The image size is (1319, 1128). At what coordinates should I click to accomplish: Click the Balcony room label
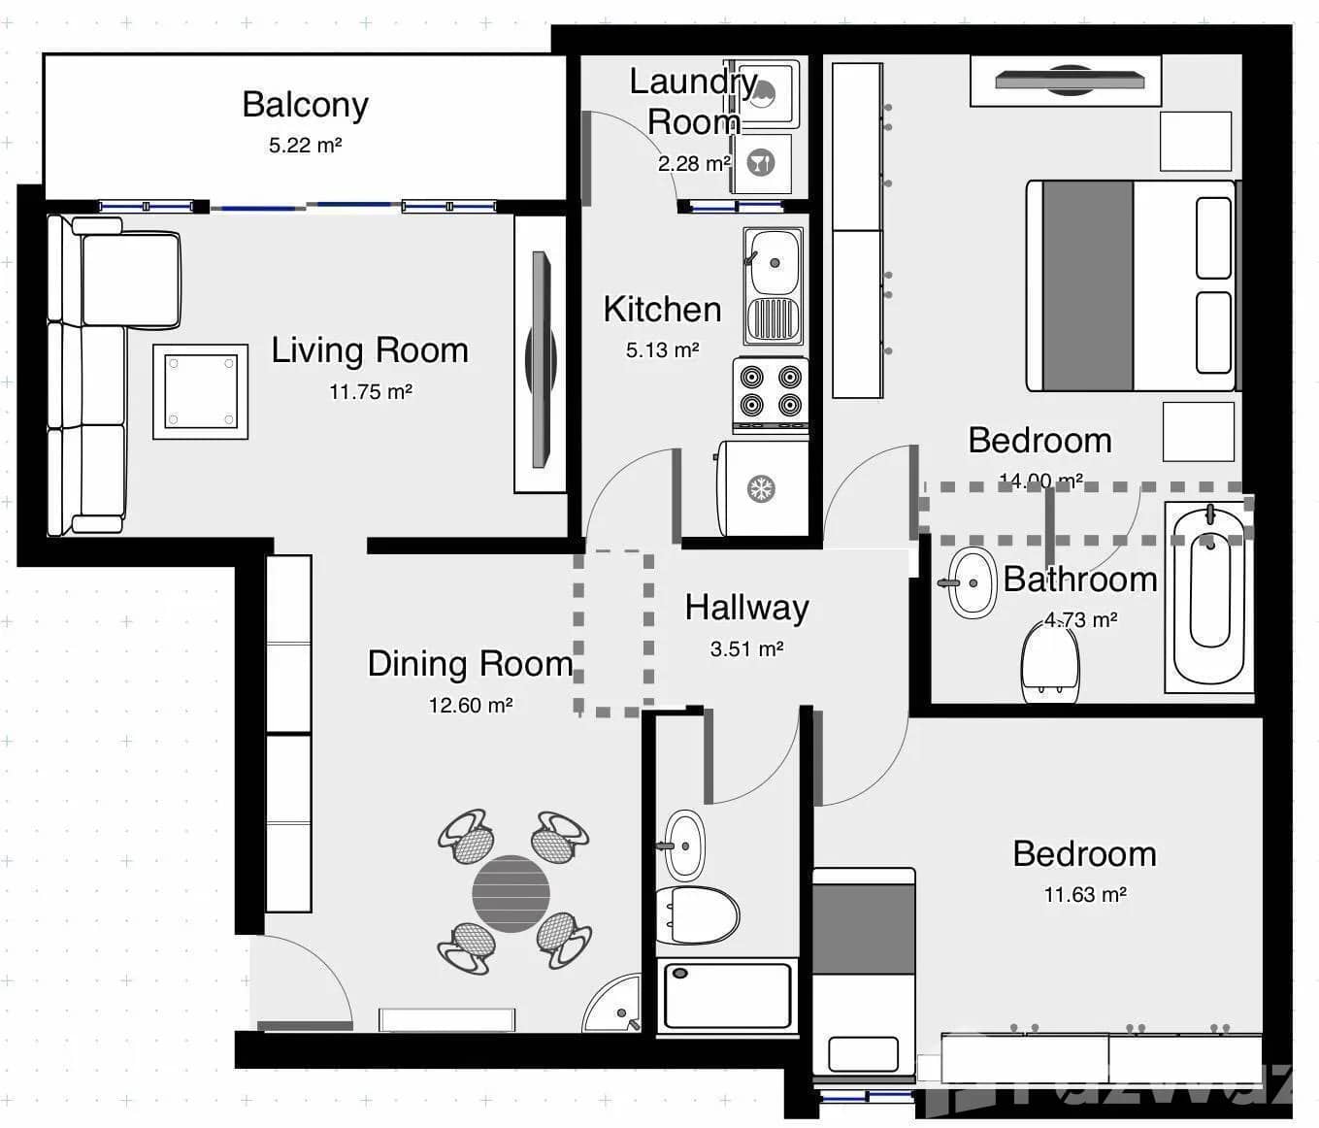[x=305, y=105]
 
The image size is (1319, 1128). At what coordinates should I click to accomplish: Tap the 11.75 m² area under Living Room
[x=370, y=392]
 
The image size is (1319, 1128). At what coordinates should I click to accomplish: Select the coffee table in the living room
[x=201, y=391]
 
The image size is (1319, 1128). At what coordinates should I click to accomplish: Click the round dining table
[x=511, y=893]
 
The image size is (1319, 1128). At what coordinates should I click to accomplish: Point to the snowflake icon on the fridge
[x=762, y=488]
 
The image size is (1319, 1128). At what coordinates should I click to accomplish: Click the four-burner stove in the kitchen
[x=771, y=392]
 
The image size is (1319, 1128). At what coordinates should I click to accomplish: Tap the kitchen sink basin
[x=774, y=262]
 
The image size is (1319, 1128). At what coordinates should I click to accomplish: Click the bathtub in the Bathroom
[x=1208, y=597]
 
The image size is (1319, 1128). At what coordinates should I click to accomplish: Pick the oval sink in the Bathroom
[x=973, y=582]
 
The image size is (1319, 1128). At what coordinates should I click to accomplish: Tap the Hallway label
[x=746, y=608]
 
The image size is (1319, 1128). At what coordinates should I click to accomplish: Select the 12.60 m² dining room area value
[x=471, y=706]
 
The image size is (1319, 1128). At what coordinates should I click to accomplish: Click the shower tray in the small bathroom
[x=727, y=995]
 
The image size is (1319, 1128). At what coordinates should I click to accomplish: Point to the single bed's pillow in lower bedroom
[x=863, y=1053]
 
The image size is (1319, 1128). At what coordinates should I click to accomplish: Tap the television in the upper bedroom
[x=1066, y=80]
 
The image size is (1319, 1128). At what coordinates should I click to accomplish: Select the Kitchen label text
[x=662, y=310]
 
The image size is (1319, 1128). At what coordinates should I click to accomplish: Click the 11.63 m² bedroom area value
[x=1084, y=895]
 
